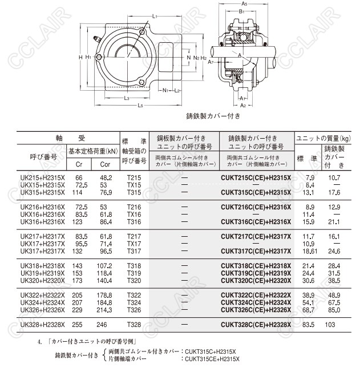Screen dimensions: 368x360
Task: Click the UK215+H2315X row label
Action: click(x=43, y=177)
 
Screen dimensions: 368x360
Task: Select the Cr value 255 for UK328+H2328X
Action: click(x=79, y=325)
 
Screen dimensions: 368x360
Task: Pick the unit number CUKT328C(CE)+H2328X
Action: click(x=256, y=325)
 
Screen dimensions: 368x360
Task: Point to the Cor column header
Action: click(x=105, y=164)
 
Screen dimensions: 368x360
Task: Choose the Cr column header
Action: click(x=79, y=164)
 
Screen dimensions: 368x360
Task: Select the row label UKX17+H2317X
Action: click(x=43, y=244)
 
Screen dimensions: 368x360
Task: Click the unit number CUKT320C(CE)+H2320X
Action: click(x=256, y=280)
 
